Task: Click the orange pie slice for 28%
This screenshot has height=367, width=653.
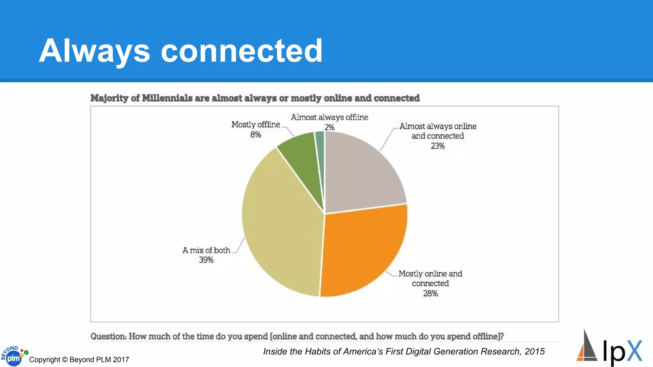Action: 363,252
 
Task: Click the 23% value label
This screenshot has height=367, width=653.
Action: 437,146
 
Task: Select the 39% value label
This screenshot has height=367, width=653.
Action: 206,260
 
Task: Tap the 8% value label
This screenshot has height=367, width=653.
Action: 255,135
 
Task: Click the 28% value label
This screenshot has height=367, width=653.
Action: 430,293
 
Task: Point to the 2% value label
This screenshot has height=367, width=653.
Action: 329,127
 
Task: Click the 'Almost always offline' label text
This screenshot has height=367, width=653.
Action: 329,117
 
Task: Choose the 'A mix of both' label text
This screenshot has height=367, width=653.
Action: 206,250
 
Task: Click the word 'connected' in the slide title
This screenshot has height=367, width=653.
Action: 242,51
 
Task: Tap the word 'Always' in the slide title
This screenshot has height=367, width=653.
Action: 94,51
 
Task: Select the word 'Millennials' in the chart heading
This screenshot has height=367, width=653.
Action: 167,98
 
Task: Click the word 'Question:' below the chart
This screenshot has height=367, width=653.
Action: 108,336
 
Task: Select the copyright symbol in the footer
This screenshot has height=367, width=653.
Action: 65,360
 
